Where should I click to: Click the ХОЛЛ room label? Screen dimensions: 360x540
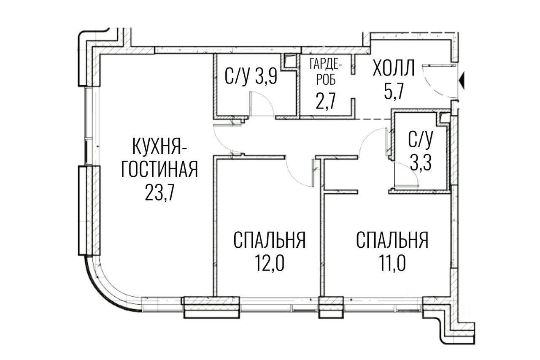[394, 69]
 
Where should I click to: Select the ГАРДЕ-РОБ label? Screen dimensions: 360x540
[326, 72]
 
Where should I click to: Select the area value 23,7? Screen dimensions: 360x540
[159, 195]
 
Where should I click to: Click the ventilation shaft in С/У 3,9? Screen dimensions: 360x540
[289, 62]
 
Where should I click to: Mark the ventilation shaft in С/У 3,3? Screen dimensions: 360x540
[444, 118]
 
